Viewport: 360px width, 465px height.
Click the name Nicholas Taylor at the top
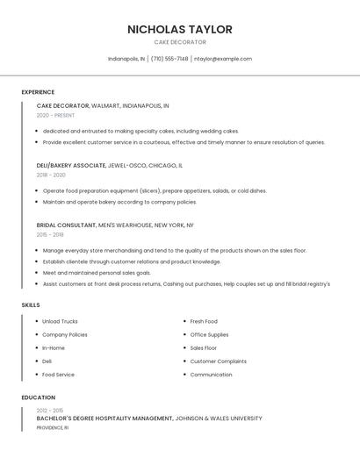tap(180, 29)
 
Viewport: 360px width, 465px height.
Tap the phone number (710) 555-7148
tap(169, 59)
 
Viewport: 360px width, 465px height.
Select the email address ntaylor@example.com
tap(223, 59)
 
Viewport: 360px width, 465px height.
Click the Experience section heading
tap(38, 92)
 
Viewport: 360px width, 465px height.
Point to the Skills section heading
tap(31, 304)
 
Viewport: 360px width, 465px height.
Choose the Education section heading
tap(38, 397)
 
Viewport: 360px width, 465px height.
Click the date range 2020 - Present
tap(55, 115)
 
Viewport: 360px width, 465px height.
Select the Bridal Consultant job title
tap(67, 225)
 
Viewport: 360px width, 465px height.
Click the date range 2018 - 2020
tap(51, 175)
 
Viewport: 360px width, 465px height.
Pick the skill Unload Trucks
tap(60, 321)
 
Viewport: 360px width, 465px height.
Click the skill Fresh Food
tap(204, 321)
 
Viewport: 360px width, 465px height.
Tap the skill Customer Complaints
tap(218, 361)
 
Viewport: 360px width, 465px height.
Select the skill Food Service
tap(58, 375)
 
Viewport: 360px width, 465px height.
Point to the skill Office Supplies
tap(209, 334)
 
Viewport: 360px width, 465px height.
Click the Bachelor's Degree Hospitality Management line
tap(104, 418)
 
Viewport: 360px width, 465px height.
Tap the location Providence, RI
tap(52, 427)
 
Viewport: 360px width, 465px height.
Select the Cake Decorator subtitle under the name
tap(180, 42)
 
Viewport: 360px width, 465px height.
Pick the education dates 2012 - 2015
tap(50, 411)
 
